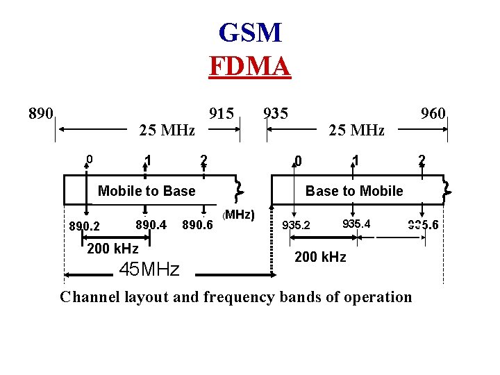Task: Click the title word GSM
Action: (249, 33)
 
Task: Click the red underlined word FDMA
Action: (249, 66)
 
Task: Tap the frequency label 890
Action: (40, 112)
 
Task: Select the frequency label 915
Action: (222, 112)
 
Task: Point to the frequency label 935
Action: (276, 112)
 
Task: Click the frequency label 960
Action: (433, 113)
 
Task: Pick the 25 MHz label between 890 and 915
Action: (167, 130)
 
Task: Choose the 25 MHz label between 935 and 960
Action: (356, 130)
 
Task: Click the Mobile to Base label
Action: (147, 191)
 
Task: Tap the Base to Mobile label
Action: (354, 191)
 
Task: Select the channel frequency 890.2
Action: (84, 226)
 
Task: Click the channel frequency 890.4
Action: (151, 224)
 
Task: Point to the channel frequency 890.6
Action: (197, 225)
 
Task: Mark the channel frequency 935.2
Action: (296, 225)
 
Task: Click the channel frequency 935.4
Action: (356, 224)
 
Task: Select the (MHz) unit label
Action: (240, 214)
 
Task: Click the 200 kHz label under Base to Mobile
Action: (320, 257)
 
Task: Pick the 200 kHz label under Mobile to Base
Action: (112, 249)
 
